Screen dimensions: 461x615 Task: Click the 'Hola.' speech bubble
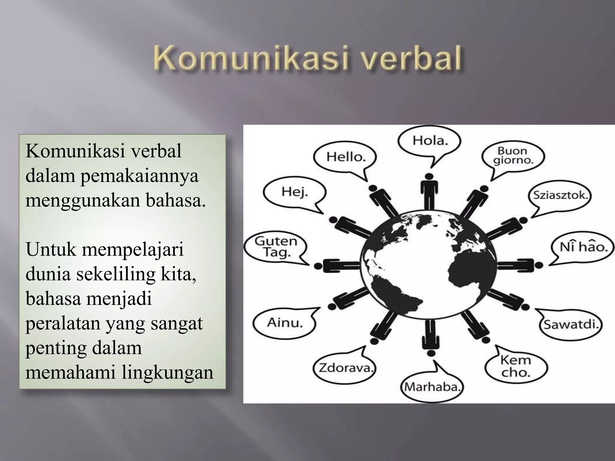point(429,141)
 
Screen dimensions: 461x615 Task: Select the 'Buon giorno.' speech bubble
point(513,156)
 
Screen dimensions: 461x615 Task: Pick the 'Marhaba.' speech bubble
point(432,387)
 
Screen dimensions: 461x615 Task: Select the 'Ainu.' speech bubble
point(285,323)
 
